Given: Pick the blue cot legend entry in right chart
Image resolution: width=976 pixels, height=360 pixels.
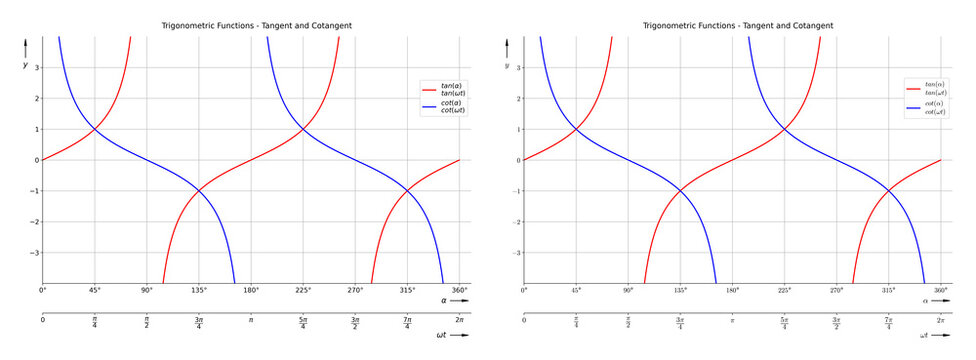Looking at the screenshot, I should coord(934,108).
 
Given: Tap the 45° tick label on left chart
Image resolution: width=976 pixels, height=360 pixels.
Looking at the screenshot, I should coord(95,290).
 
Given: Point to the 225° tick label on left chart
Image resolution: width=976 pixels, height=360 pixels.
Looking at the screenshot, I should coord(303,290).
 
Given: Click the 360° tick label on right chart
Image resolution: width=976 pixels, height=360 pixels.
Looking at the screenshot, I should coord(941,290).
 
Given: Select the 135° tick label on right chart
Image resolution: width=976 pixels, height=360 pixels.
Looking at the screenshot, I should coord(680,290).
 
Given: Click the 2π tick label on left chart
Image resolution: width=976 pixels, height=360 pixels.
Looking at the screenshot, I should coord(459,320).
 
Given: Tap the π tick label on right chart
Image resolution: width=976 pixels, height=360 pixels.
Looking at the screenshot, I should coord(732,320).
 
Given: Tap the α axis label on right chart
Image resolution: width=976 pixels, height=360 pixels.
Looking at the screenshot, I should coord(925,300).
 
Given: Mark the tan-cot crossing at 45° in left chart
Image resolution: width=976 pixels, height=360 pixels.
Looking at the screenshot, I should coord(95,129).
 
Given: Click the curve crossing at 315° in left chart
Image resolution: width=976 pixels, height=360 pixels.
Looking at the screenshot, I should coord(407,191).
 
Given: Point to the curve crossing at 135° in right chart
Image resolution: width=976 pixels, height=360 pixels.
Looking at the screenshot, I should coord(680,191).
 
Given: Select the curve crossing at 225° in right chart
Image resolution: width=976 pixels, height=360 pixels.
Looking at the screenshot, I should coord(785,129).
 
